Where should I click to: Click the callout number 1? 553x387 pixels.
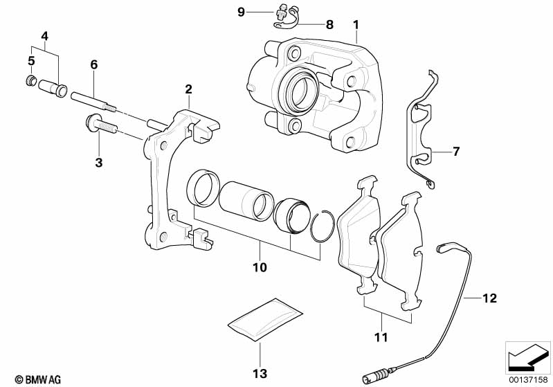click(x=356, y=26)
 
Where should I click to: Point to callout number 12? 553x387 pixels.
click(x=489, y=298)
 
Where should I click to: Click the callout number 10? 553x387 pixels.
click(x=260, y=266)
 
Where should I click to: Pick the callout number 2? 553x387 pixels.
click(x=188, y=89)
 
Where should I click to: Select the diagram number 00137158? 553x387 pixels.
click(x=528, y=379)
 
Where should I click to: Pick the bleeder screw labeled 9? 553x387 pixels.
click(x=282, y=12)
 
